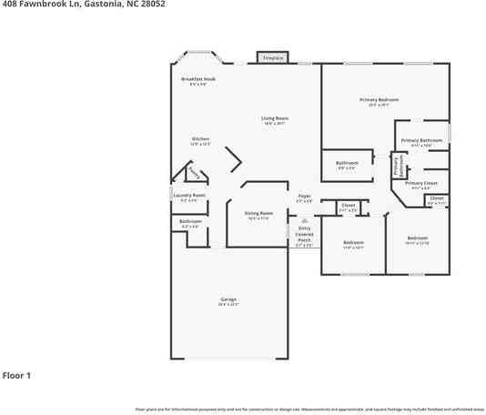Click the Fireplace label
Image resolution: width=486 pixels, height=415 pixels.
tap(273, 58)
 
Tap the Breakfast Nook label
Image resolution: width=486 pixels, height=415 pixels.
tap(197, 79)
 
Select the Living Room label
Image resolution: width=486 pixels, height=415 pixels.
tap(274, 118)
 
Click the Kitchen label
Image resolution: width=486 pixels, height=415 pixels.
tap(200, 139)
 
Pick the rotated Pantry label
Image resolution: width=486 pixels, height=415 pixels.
tap(193, 172)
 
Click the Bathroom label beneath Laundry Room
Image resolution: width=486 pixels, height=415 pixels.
tap(189, 221)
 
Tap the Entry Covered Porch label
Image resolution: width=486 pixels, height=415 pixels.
tap(304, 235)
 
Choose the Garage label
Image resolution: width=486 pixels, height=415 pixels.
tap(228, 299)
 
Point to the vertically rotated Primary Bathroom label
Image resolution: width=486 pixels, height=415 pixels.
tap(397, 164)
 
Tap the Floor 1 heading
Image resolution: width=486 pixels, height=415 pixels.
tap(16, 375)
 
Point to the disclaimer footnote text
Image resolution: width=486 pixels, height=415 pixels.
tap(309, 410)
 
